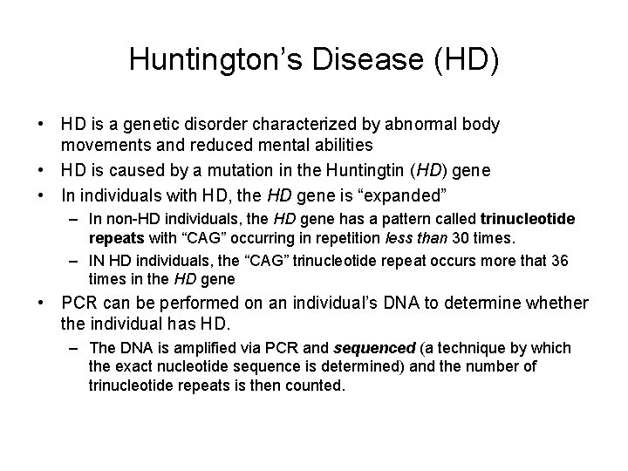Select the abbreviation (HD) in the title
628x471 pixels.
[468, 59]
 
